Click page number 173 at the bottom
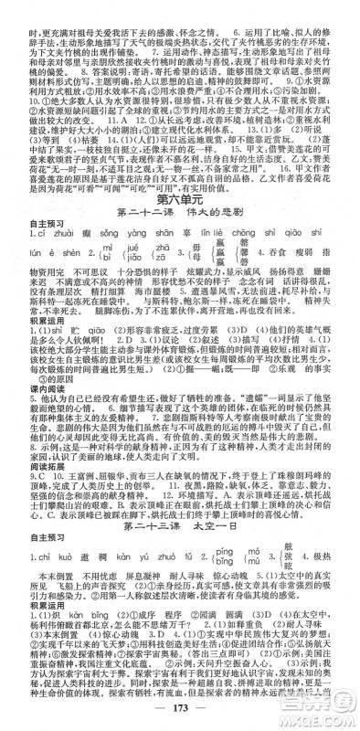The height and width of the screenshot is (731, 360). click(180, 712)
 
